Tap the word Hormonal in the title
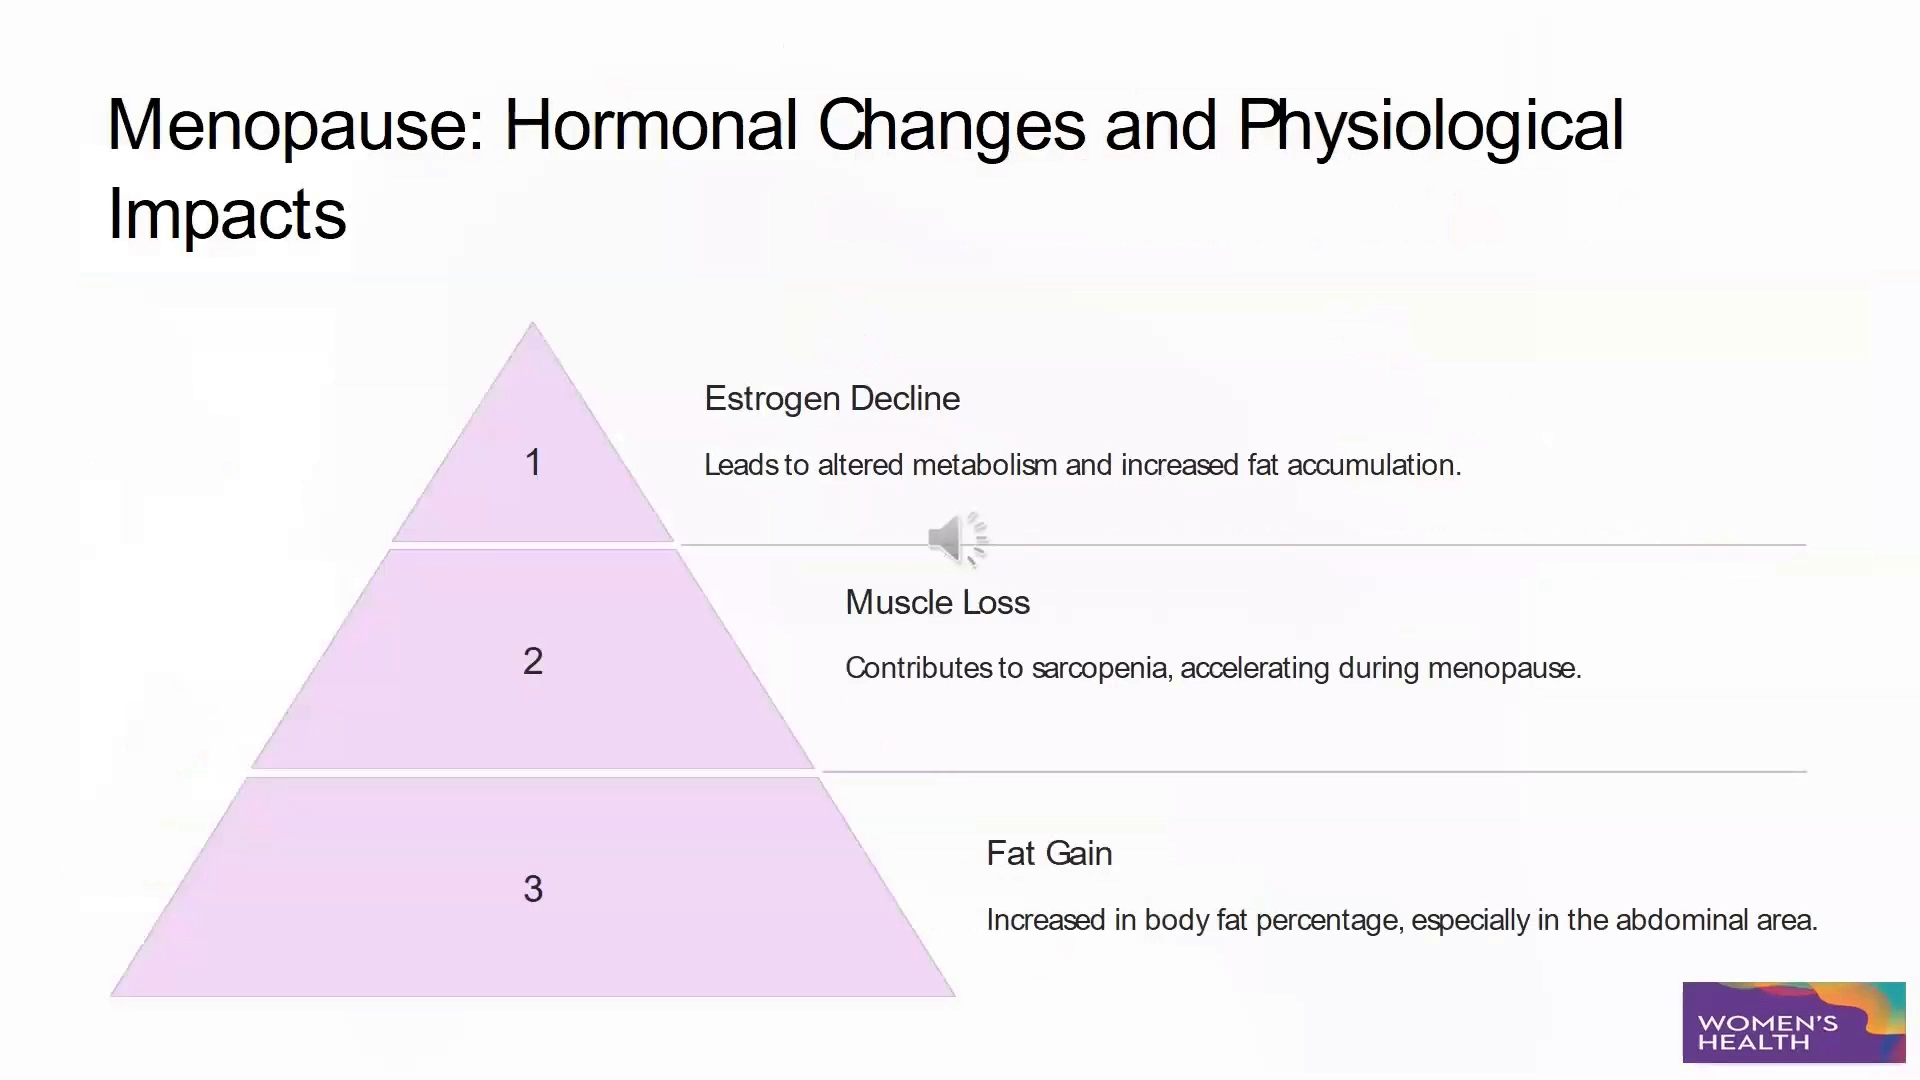click(x=650, y=127)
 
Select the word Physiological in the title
click(x=1430, y=127)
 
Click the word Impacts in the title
click(x=227, y=215)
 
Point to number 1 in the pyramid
click(x=533, y=463)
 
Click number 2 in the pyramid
click(x=533, y=661)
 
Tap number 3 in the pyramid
click(x=533, y=889)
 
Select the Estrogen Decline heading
click(x=832, y=399)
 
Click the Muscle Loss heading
click(x=937, y=603)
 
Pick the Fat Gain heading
click(x=1049, y=854)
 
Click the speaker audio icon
click(x=957, y=540)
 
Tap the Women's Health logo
click(x=1793, y=1022)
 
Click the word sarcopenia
click(x=1100, y=668)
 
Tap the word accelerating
click(x=1254, y=668)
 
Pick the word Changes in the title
click(x=951, y=127)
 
